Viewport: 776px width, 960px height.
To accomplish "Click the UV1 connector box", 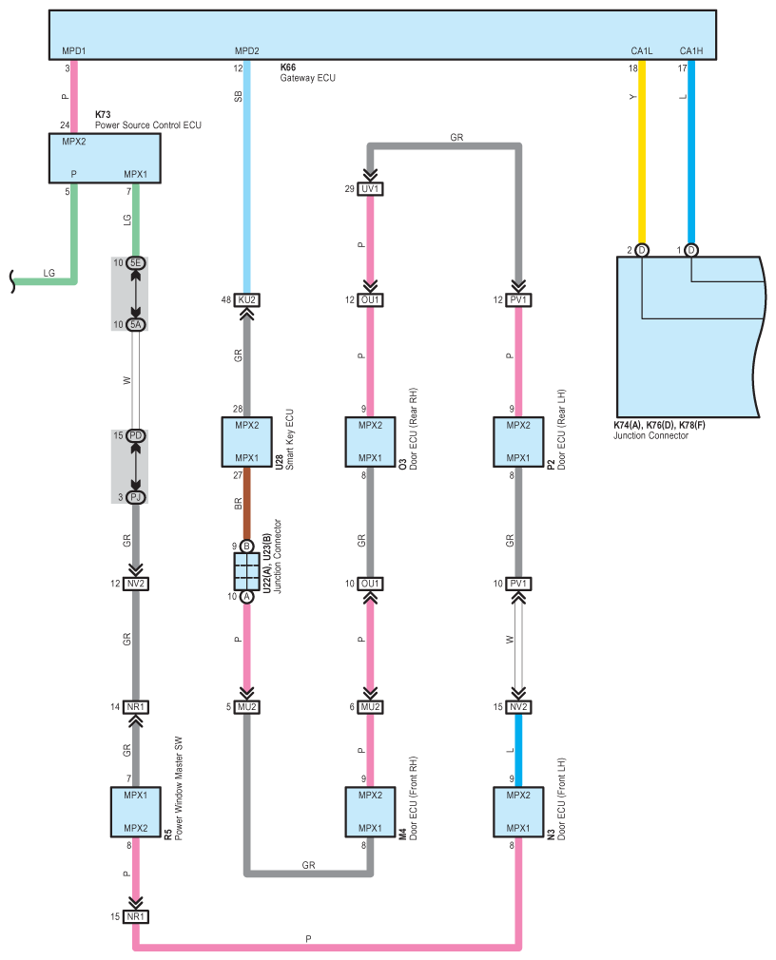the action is pos(371,188).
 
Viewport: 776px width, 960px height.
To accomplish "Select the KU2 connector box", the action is pos(247,300).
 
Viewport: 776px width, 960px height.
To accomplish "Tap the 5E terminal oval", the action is pos(136,263).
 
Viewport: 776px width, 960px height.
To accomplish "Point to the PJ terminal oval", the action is pos(136,497).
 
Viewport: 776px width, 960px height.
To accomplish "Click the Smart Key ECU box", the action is pos(247,442).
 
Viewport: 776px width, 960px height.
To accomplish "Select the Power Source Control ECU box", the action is pos(105,159).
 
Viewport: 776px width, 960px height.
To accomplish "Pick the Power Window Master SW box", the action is pos(136,812).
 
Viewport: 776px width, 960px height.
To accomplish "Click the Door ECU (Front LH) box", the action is pos(518,812).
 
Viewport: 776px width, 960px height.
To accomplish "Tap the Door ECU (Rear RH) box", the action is pos(370,442).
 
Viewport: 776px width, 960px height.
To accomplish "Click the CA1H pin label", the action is pos(690,50).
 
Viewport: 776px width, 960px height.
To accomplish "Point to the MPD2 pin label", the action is pos(247,50).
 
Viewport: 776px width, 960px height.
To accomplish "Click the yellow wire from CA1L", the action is pos(642,152).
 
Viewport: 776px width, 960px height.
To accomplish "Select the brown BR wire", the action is pos(247,504).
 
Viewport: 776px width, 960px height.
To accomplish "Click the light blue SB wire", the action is pos(247,177).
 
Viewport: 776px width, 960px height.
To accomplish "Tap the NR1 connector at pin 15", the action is pos(136,916).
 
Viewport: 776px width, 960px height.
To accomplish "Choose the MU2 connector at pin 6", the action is pos(371,707).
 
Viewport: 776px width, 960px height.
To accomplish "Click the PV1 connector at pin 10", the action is pos(518,584).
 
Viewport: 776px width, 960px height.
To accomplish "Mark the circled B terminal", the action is pos(247,547).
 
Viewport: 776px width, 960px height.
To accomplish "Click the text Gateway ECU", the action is pos(307,78).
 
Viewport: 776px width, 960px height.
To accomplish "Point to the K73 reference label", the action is pos(103,114).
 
